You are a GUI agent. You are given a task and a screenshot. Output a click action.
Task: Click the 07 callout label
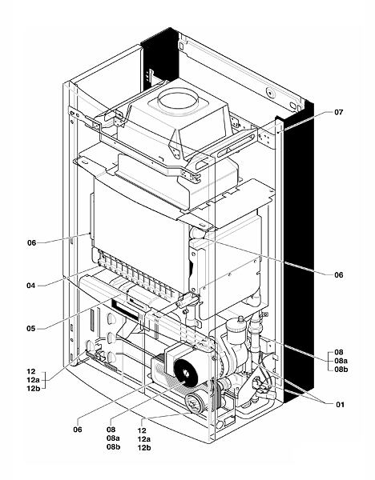point(339,112)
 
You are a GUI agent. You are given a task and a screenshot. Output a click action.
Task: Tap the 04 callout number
point(31,286)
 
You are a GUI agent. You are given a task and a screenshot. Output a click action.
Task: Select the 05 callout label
point(31,329)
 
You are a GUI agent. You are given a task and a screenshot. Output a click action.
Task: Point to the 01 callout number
point(341,404)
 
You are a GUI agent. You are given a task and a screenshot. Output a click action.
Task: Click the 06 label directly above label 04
point(31,243)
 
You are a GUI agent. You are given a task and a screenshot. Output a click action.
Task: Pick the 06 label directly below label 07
point(339,275)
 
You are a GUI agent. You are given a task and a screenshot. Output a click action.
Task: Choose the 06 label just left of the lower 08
point(78,430)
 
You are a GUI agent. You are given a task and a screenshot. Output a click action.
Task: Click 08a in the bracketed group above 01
point(341,361)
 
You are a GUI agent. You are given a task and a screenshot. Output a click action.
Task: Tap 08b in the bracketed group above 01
point(341,369)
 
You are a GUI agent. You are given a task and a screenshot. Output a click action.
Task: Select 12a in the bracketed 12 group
point(34,380)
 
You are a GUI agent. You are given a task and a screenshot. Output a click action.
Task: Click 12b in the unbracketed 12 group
point(144,447)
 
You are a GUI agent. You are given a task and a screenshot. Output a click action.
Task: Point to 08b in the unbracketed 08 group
point(114,446)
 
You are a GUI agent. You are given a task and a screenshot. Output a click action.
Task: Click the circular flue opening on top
point(178,100)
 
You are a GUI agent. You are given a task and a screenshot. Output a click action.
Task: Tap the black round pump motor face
point(186,373)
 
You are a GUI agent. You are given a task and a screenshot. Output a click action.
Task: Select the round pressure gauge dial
point(196,402)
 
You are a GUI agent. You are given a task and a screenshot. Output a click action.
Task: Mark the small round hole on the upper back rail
point(270,92)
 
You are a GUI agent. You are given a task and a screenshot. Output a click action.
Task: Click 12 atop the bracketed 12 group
point(31,371)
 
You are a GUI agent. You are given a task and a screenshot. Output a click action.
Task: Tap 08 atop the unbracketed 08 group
point(111,430)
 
